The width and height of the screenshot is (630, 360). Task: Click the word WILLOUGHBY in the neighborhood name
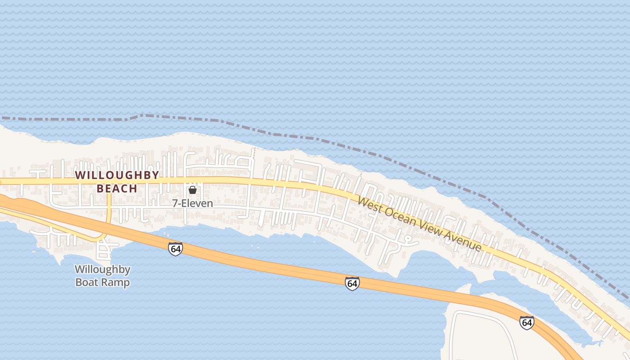coord(117,175)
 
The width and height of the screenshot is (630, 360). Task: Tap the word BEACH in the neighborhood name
coord(117,188)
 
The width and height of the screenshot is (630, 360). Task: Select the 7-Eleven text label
coord(193,203)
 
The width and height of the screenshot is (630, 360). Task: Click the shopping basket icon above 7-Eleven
coord(193,190)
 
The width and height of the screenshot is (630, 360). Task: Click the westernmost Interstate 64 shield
coord(175,248)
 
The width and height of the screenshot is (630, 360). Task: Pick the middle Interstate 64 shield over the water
coord(352,283)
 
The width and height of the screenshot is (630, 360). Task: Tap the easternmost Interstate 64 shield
coord(526,322)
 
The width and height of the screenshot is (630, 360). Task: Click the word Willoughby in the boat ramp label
coord(103,270)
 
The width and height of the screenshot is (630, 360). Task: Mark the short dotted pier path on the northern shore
coord(254,153)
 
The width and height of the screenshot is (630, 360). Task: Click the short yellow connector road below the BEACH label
coord(109,211)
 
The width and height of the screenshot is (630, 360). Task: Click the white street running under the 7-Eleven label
coord(211,209)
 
